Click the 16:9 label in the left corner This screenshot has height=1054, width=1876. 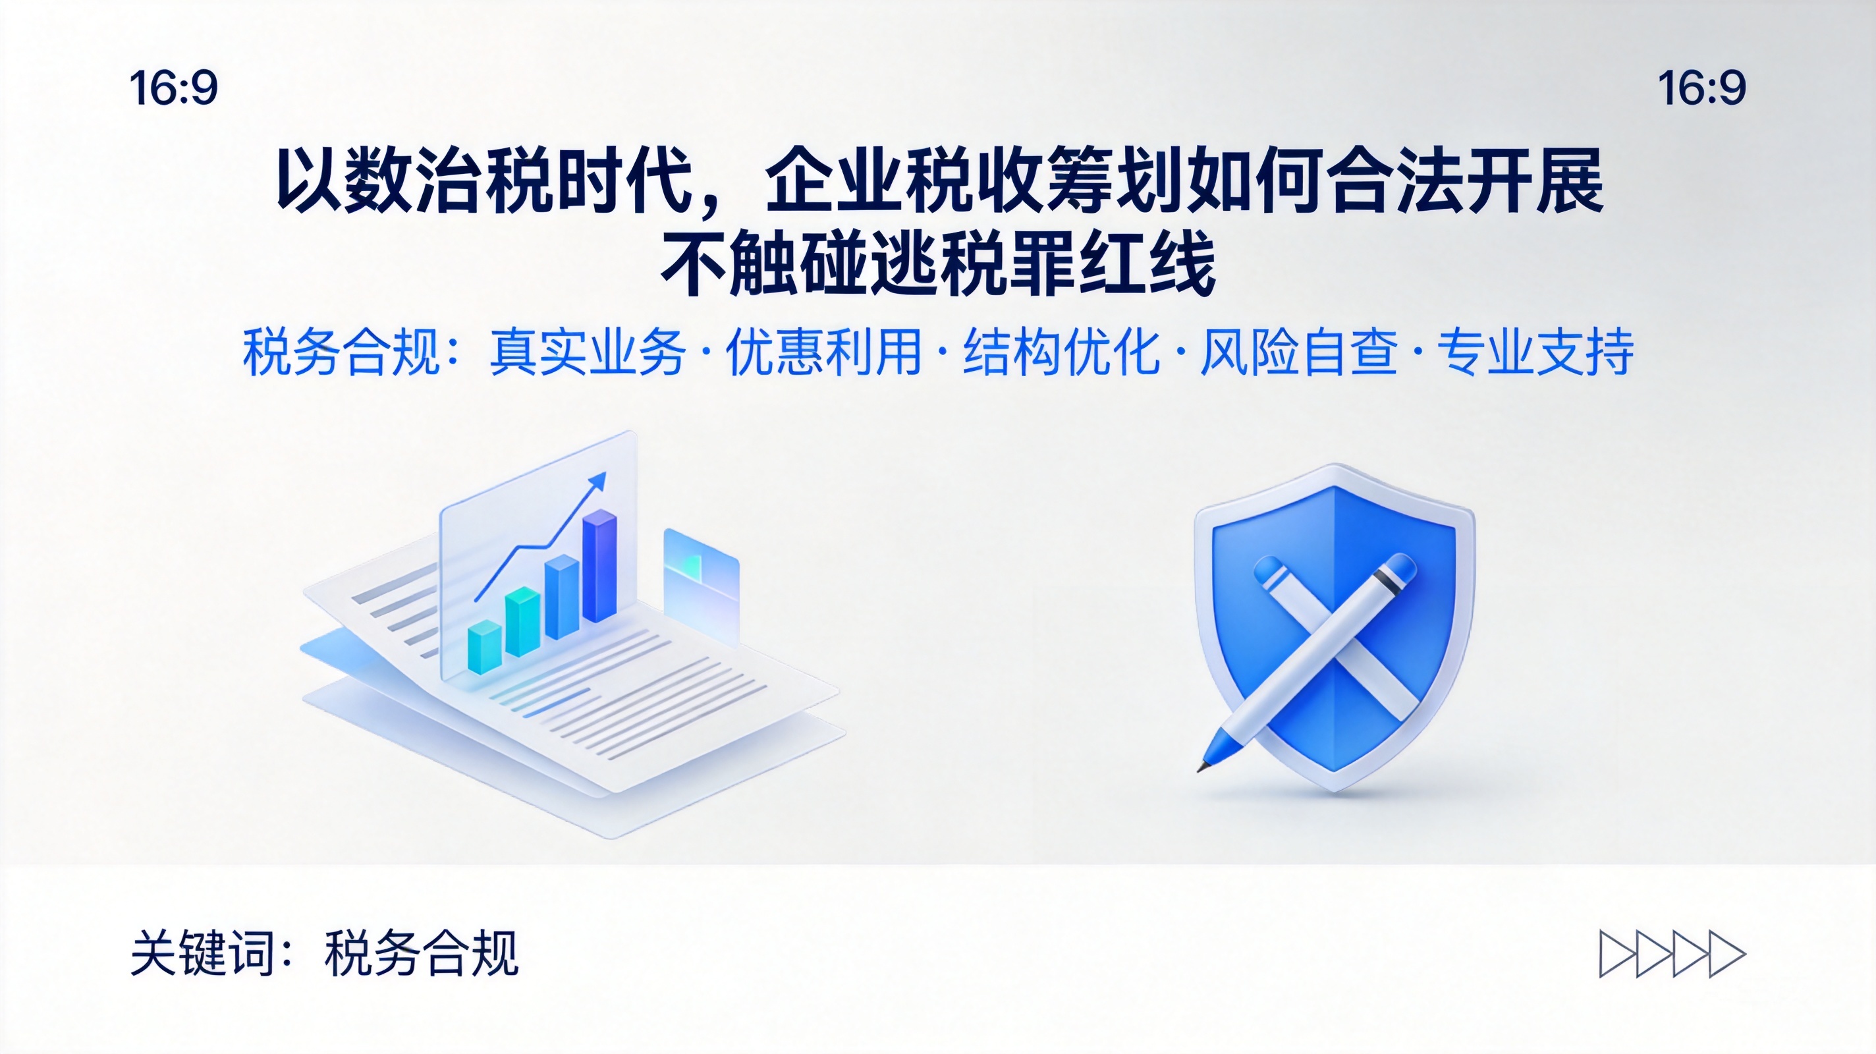tap(173, 88)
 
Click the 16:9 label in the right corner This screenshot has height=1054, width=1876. tap(1702, 88)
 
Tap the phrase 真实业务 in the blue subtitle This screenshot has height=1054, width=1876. tap(588, 352)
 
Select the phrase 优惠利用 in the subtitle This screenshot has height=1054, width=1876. tap(823, 352)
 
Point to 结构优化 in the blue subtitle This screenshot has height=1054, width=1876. tap(1061, 352)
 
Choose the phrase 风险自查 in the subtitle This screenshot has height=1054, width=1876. tap(1298, 352)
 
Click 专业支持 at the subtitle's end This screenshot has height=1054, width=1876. tap(1535, 352)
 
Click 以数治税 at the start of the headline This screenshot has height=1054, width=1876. tap(414, 180)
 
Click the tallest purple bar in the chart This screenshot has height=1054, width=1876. tap(599, 566)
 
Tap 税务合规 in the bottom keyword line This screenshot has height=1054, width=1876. tap(421, 953)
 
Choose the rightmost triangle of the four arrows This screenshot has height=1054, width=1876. tap(1726, 953)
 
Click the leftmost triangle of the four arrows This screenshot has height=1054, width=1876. tap(1616, 953)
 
